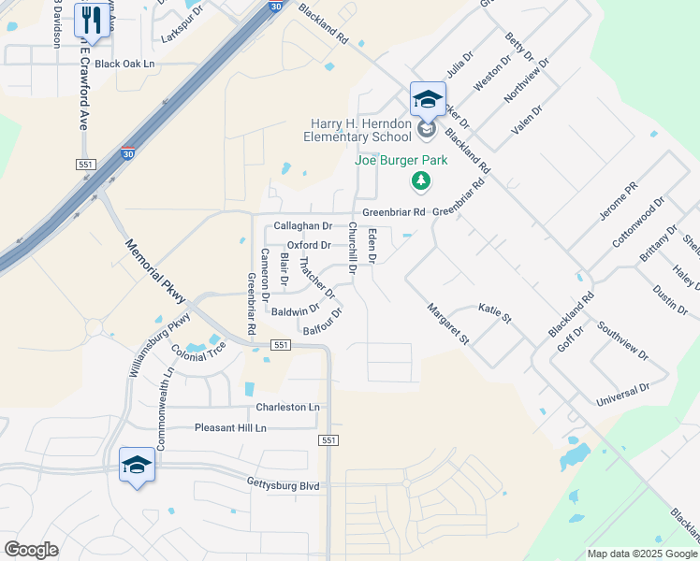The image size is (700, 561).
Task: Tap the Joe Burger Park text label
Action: click(401, 160)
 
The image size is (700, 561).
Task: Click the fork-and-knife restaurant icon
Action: click(92, 19)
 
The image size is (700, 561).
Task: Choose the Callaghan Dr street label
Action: click(303, 226)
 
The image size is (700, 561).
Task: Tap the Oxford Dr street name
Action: click(309, 245)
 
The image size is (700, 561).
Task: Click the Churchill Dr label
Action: click(353, 248)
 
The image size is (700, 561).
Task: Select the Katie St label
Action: click(495, 312)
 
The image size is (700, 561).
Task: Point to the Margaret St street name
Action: click(447, 323)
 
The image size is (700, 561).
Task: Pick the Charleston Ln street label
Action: click(287, 408)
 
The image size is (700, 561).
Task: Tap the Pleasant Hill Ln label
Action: click(230, 428)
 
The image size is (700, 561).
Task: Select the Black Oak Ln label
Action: click(124, 64)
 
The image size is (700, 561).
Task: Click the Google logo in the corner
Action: click(31, 550)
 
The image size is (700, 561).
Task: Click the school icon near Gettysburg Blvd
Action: click(137, 465)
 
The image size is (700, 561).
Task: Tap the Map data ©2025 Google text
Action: click(641, 554)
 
